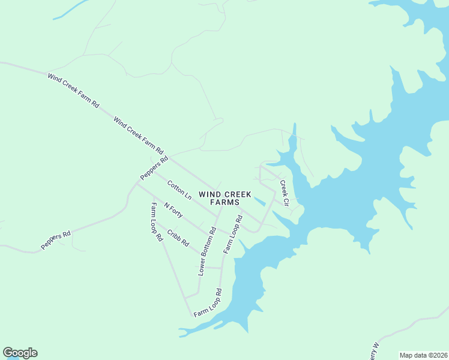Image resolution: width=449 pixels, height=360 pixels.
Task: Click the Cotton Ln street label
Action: point(179,190)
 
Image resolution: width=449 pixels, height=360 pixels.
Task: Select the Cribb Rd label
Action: point(178,238)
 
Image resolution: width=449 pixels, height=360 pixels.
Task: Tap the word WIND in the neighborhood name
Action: point(210,194)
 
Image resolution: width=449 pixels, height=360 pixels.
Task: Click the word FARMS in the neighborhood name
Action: point(225,203)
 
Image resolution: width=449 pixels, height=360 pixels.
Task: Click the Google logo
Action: point(20,353)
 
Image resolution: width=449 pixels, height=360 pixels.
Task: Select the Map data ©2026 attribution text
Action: point(423,355)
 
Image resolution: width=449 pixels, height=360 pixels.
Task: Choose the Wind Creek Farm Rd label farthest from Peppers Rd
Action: point(73,90)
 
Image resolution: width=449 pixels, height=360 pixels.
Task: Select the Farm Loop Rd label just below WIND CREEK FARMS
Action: point(232,233)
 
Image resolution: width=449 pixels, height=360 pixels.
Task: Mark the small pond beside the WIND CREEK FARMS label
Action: point(260,201)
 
